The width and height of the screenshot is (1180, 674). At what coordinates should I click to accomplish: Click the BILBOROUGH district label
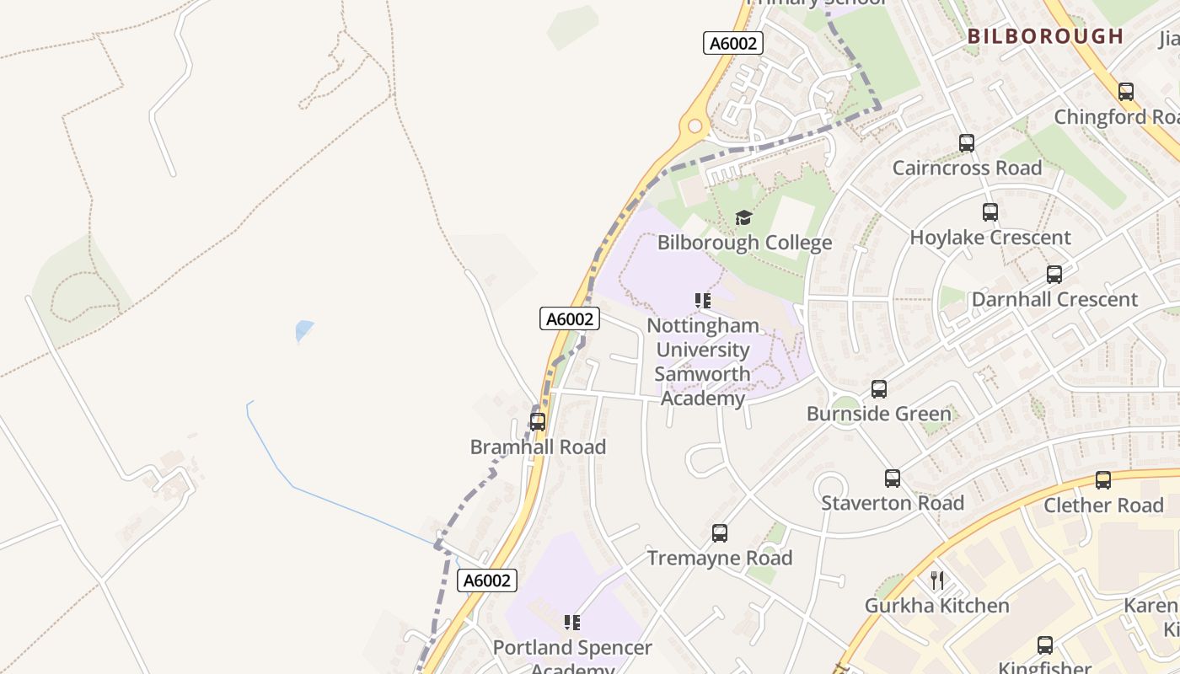[1045, 36]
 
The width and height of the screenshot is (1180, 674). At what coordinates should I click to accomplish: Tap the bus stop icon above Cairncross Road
[967, 143]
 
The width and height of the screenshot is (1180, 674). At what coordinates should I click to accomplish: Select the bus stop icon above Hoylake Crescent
[990, 212]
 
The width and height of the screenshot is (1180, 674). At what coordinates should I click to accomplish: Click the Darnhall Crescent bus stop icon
[1054, 275]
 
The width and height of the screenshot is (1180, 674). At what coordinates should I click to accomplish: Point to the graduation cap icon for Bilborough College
[743, 218]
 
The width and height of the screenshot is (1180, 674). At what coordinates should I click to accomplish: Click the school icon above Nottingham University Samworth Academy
[703, 301]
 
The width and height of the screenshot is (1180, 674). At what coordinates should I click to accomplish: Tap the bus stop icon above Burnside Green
[879, 389]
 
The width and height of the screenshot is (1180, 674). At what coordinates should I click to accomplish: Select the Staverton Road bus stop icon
[893, 479]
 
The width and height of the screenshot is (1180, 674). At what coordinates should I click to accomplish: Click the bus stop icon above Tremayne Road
[720, 533]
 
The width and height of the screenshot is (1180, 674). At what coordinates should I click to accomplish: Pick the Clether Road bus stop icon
[1103, 480]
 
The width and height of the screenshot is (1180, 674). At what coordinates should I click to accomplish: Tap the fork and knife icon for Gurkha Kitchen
[936, 580]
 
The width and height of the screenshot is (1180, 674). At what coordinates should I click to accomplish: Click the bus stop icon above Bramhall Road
[538, 422]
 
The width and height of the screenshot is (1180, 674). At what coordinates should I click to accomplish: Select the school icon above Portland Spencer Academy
[572, 623]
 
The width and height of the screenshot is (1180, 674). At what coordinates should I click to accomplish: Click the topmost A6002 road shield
[733, 43]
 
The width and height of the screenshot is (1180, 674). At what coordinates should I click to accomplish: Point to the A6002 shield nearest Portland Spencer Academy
[487, 580]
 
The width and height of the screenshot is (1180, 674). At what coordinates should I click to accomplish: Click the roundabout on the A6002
[695, 126]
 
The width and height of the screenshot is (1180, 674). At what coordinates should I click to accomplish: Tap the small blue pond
[304, 331]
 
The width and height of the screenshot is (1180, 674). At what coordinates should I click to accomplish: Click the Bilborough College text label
[745, 243]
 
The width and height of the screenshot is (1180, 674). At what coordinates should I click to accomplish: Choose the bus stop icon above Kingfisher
[1045, 645]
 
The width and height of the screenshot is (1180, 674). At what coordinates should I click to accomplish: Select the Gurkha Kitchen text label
[936, 606]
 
